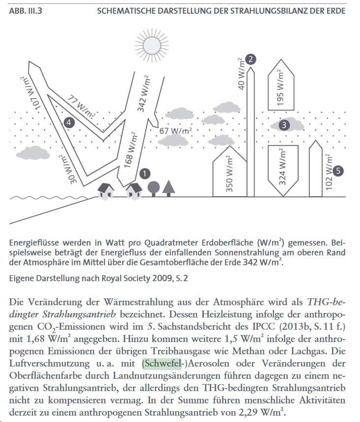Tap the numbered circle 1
point(144,173)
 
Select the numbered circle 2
point(251,59)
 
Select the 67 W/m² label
point(175,131)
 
